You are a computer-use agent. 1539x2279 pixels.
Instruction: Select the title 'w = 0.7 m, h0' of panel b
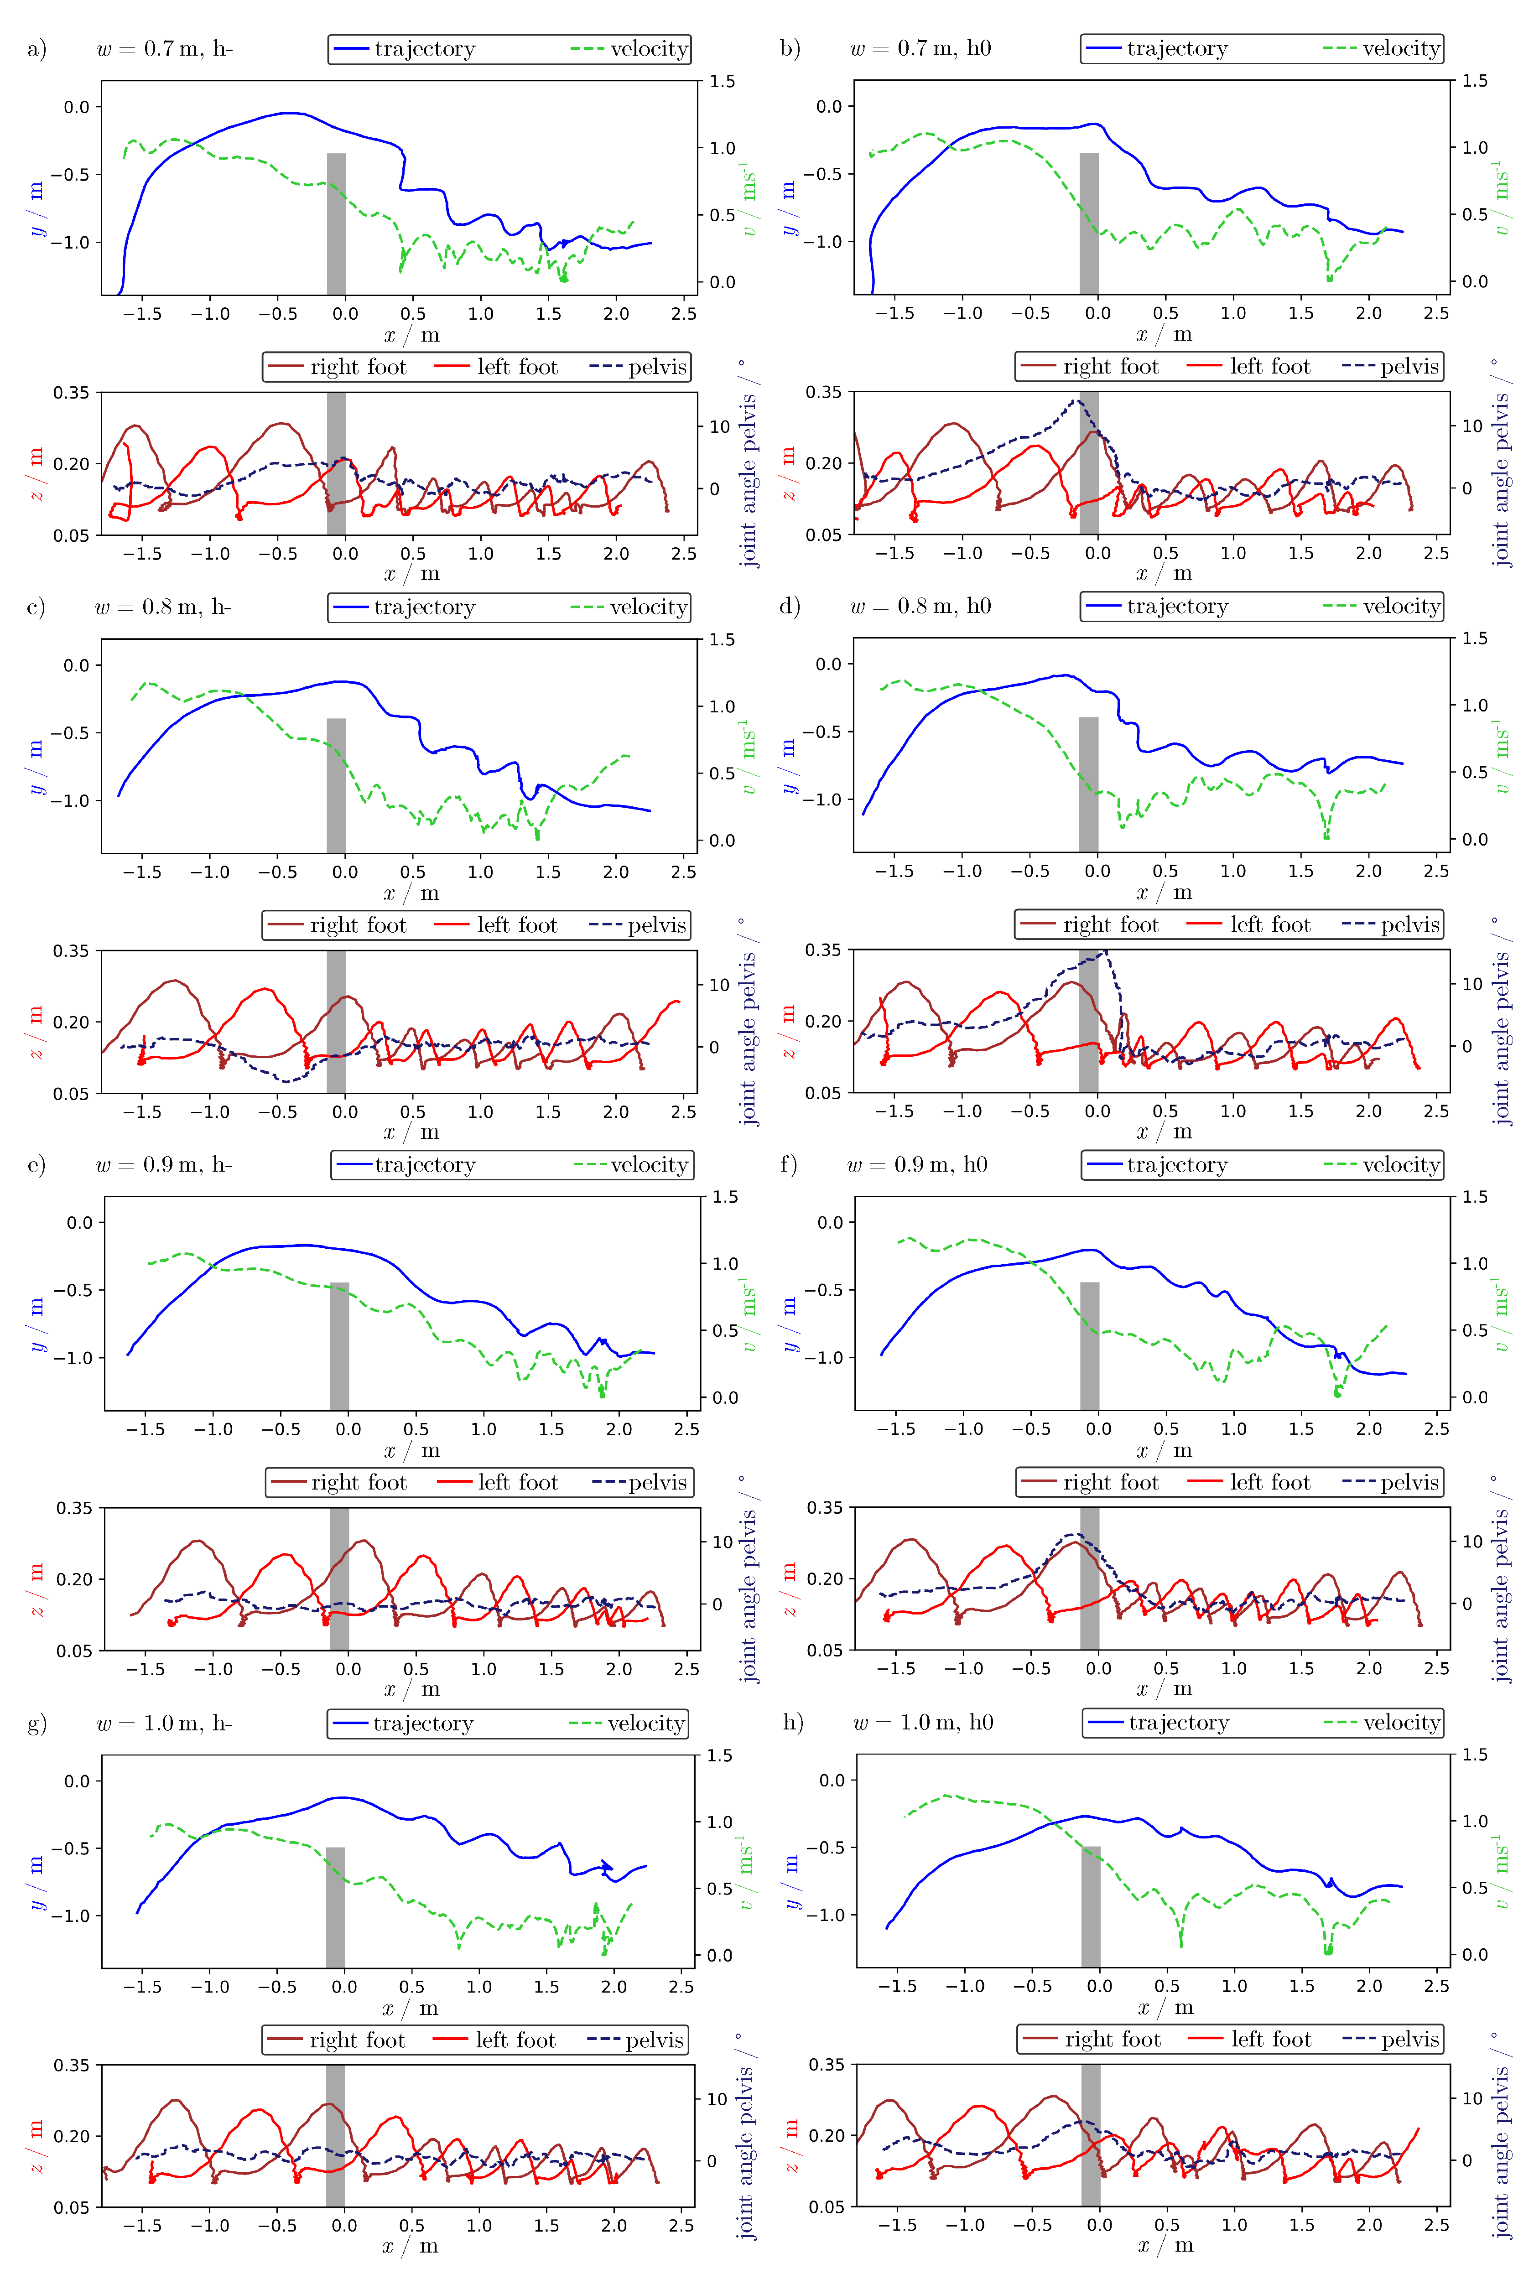coord(920,48)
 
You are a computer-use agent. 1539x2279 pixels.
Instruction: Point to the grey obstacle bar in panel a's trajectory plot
coord(337,223)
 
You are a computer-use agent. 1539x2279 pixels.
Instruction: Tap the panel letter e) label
coord(37,1165)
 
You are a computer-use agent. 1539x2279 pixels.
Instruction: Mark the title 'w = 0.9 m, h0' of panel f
coord(917,1165)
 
